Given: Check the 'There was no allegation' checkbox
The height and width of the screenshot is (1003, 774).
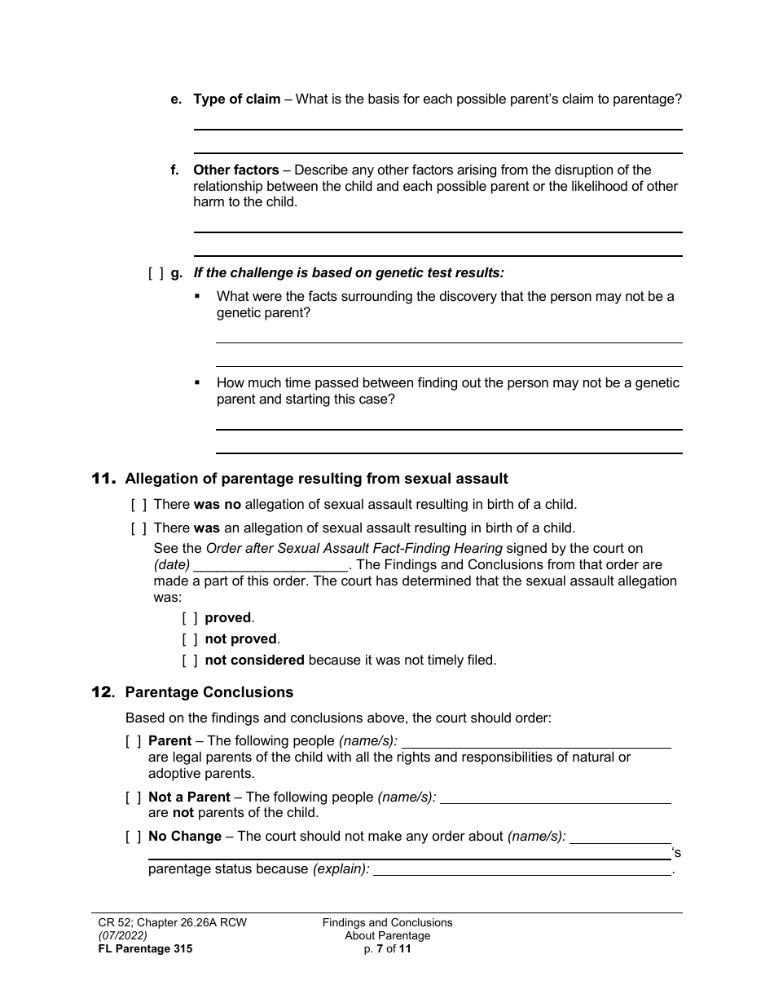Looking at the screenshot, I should coord(139,505).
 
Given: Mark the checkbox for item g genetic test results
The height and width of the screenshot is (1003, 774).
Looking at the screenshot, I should coord(156,273).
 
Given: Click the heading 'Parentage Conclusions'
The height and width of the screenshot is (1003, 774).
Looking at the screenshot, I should coord(209,692).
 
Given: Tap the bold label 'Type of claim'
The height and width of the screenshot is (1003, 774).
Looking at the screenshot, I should coord(236,99).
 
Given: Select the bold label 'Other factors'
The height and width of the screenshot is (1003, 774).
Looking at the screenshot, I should coord(235,170).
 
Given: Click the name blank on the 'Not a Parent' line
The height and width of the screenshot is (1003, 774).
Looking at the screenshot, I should coord(555,798).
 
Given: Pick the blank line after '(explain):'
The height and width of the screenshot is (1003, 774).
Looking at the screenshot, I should coord(521,869).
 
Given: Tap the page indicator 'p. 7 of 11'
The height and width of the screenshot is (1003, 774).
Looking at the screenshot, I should coord(387,948).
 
